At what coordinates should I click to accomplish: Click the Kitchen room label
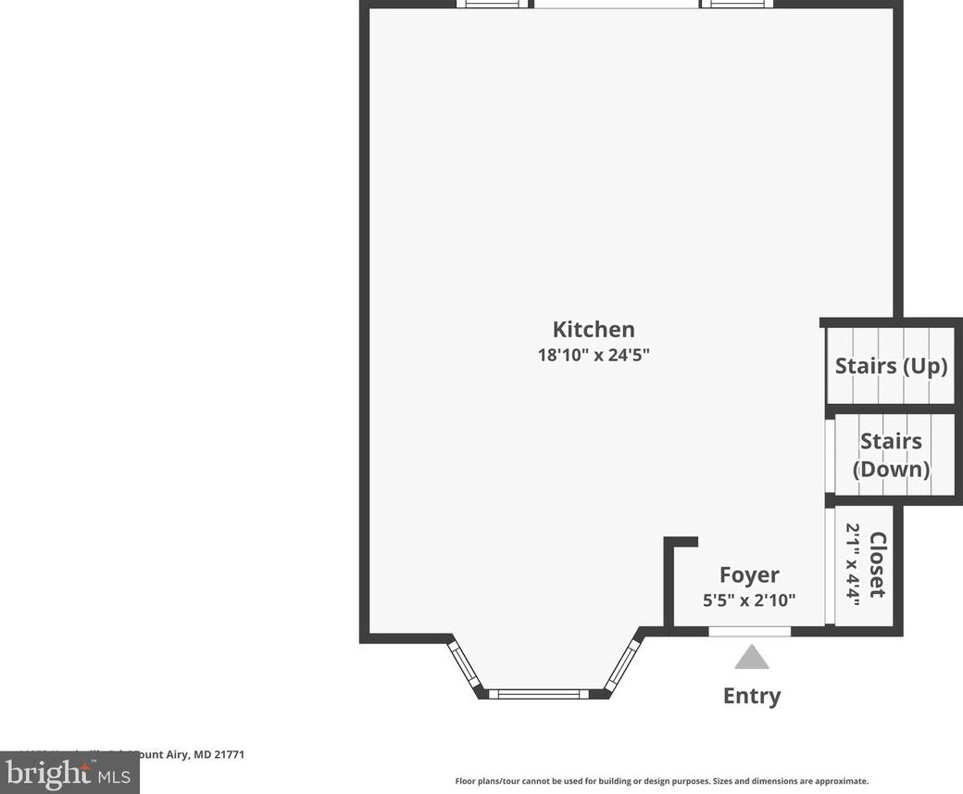(x=594, y=329)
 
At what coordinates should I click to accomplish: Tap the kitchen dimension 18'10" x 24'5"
(x=594, y=355)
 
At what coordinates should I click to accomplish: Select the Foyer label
(x=749, y=574)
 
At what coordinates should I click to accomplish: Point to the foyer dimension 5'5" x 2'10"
(x=749, y=600)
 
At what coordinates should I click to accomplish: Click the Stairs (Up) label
(x=891, y=365)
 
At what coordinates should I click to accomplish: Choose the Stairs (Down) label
(x=891, y=454)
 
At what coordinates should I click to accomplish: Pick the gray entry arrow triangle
(x=752, y=658)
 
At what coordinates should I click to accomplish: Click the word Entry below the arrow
(x=752, y=696)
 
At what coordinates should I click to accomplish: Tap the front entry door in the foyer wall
(x=750, y=631)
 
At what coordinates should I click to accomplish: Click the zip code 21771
(x=229, y=755)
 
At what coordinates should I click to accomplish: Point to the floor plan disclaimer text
(x=661, y=781)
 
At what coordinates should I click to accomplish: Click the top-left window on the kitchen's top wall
(x=492, y=4)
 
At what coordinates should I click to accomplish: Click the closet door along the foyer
(x=830, y=565)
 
